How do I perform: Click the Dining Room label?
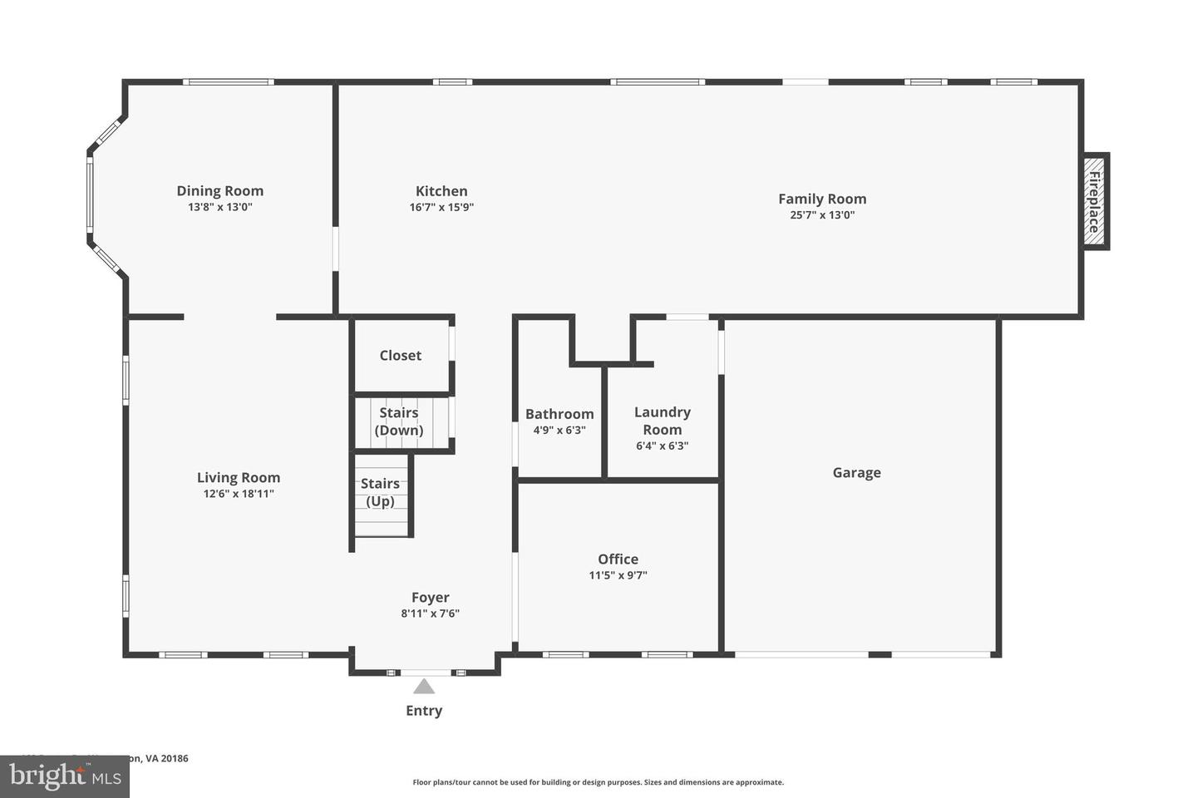coord(219,191)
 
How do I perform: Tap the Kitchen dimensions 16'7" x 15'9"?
coord(441,208)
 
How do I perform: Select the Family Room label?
coord(822,199)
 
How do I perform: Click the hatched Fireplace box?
coord(1095,201)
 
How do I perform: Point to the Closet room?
coord(401,356)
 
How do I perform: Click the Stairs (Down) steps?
coord(400,421)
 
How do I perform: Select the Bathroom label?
coord(559,414)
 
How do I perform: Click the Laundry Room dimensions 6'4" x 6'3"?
coord(662,446)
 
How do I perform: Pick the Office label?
coord(618,559)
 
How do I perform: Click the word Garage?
coord(856,473)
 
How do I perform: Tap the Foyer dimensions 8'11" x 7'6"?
coord(430,613)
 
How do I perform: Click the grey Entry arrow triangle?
coord(424,687)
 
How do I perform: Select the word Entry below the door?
coord(424,711)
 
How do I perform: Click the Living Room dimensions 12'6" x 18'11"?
coord(239,494)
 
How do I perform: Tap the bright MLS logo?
coord(64,776)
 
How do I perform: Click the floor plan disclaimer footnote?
coord(598,782)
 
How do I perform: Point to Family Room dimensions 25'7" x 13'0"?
coord(822,215)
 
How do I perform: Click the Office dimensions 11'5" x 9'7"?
coord(618,575)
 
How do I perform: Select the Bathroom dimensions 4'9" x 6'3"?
coord(559,431)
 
